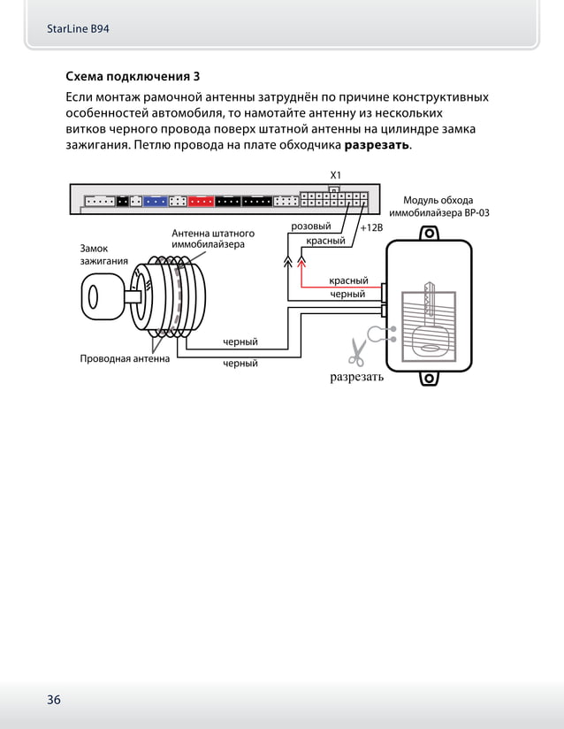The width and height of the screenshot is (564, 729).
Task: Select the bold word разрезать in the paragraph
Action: coord(377,145)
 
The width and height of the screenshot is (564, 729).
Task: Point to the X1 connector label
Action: coord(335,175)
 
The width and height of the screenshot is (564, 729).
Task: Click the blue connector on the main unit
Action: coord(156,201)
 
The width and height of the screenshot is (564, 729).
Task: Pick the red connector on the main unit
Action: coord(201,201)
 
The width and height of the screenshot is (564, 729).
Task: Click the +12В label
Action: coord(371,227)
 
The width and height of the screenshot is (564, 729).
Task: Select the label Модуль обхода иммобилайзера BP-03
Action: coord(438,207)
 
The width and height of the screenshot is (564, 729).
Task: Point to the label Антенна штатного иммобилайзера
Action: coord(208,239)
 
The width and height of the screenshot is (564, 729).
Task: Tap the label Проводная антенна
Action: coord(124,359)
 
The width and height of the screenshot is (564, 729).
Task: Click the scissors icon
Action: coord(357,351)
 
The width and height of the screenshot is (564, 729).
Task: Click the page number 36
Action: coord(54,700)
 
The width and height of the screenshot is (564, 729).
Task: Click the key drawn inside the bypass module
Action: coord(429,318)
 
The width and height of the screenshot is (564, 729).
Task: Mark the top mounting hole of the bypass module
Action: coord(430,234)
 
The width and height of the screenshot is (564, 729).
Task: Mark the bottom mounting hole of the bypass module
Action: coord(429,380)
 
